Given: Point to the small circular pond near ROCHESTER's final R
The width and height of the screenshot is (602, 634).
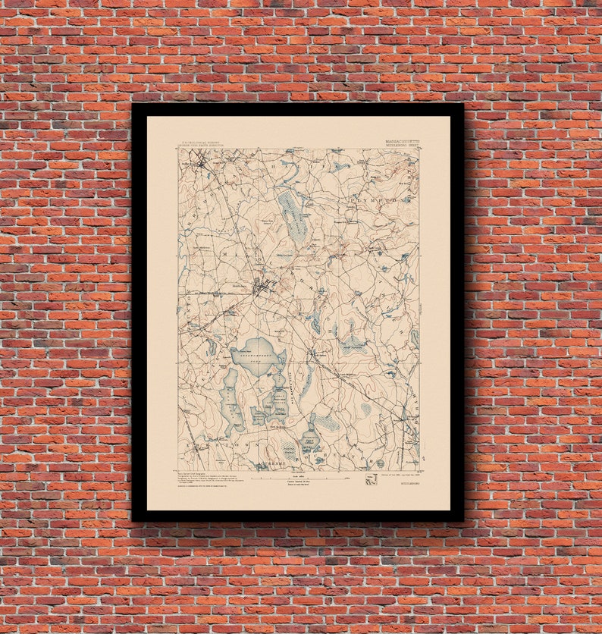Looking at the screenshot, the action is tap(367, 410).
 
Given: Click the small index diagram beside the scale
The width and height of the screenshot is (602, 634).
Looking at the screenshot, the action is tap(371, 479).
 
